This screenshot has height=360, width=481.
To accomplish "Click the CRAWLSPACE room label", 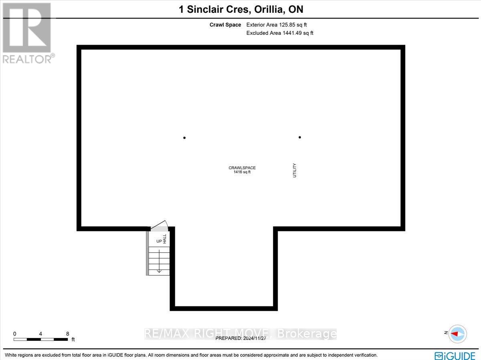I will [242, 168].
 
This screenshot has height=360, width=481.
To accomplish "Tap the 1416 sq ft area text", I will [242, 172].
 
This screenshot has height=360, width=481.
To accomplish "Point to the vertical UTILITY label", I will [295, 170].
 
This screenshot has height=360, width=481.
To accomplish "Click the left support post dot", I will [184, 138].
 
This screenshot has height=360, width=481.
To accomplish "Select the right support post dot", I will [300, 137].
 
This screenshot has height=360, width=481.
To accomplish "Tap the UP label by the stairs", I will [159, 241].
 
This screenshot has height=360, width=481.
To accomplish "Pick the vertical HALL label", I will [164, 239].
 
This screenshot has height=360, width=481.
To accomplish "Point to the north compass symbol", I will [457, 333].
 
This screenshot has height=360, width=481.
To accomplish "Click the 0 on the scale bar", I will [14, 334].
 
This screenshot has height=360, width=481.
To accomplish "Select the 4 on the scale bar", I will [41, 334].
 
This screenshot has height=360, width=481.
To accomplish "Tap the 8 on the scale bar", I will [67, 334].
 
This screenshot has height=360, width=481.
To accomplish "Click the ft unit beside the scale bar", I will [73, 340].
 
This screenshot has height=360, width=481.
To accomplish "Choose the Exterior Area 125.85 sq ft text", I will [277, 25].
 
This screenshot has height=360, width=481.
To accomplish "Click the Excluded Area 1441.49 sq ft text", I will [280, 33].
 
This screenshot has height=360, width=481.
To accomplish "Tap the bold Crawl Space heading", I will [225, 25].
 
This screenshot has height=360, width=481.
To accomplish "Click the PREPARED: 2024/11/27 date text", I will [241, 338].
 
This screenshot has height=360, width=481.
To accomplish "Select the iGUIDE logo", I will [455, 355].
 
